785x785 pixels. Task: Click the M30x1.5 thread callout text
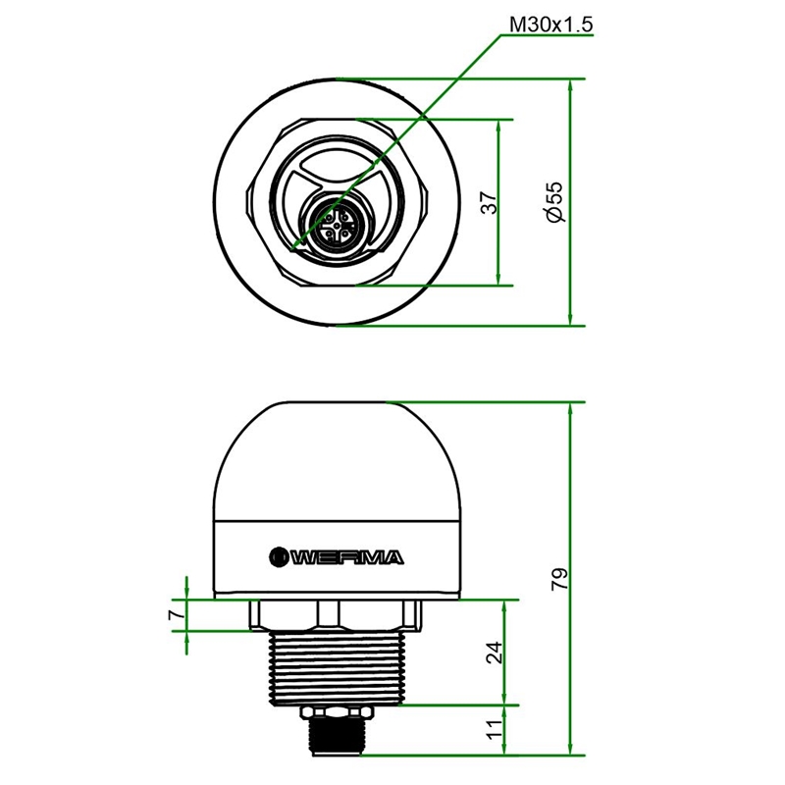550,24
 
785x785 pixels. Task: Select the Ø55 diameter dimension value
555,202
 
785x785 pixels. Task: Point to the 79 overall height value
559,578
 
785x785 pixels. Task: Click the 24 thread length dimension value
495,652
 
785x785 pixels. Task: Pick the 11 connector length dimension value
495,729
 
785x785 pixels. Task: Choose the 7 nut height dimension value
175,615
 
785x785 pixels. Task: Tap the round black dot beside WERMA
278,556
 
